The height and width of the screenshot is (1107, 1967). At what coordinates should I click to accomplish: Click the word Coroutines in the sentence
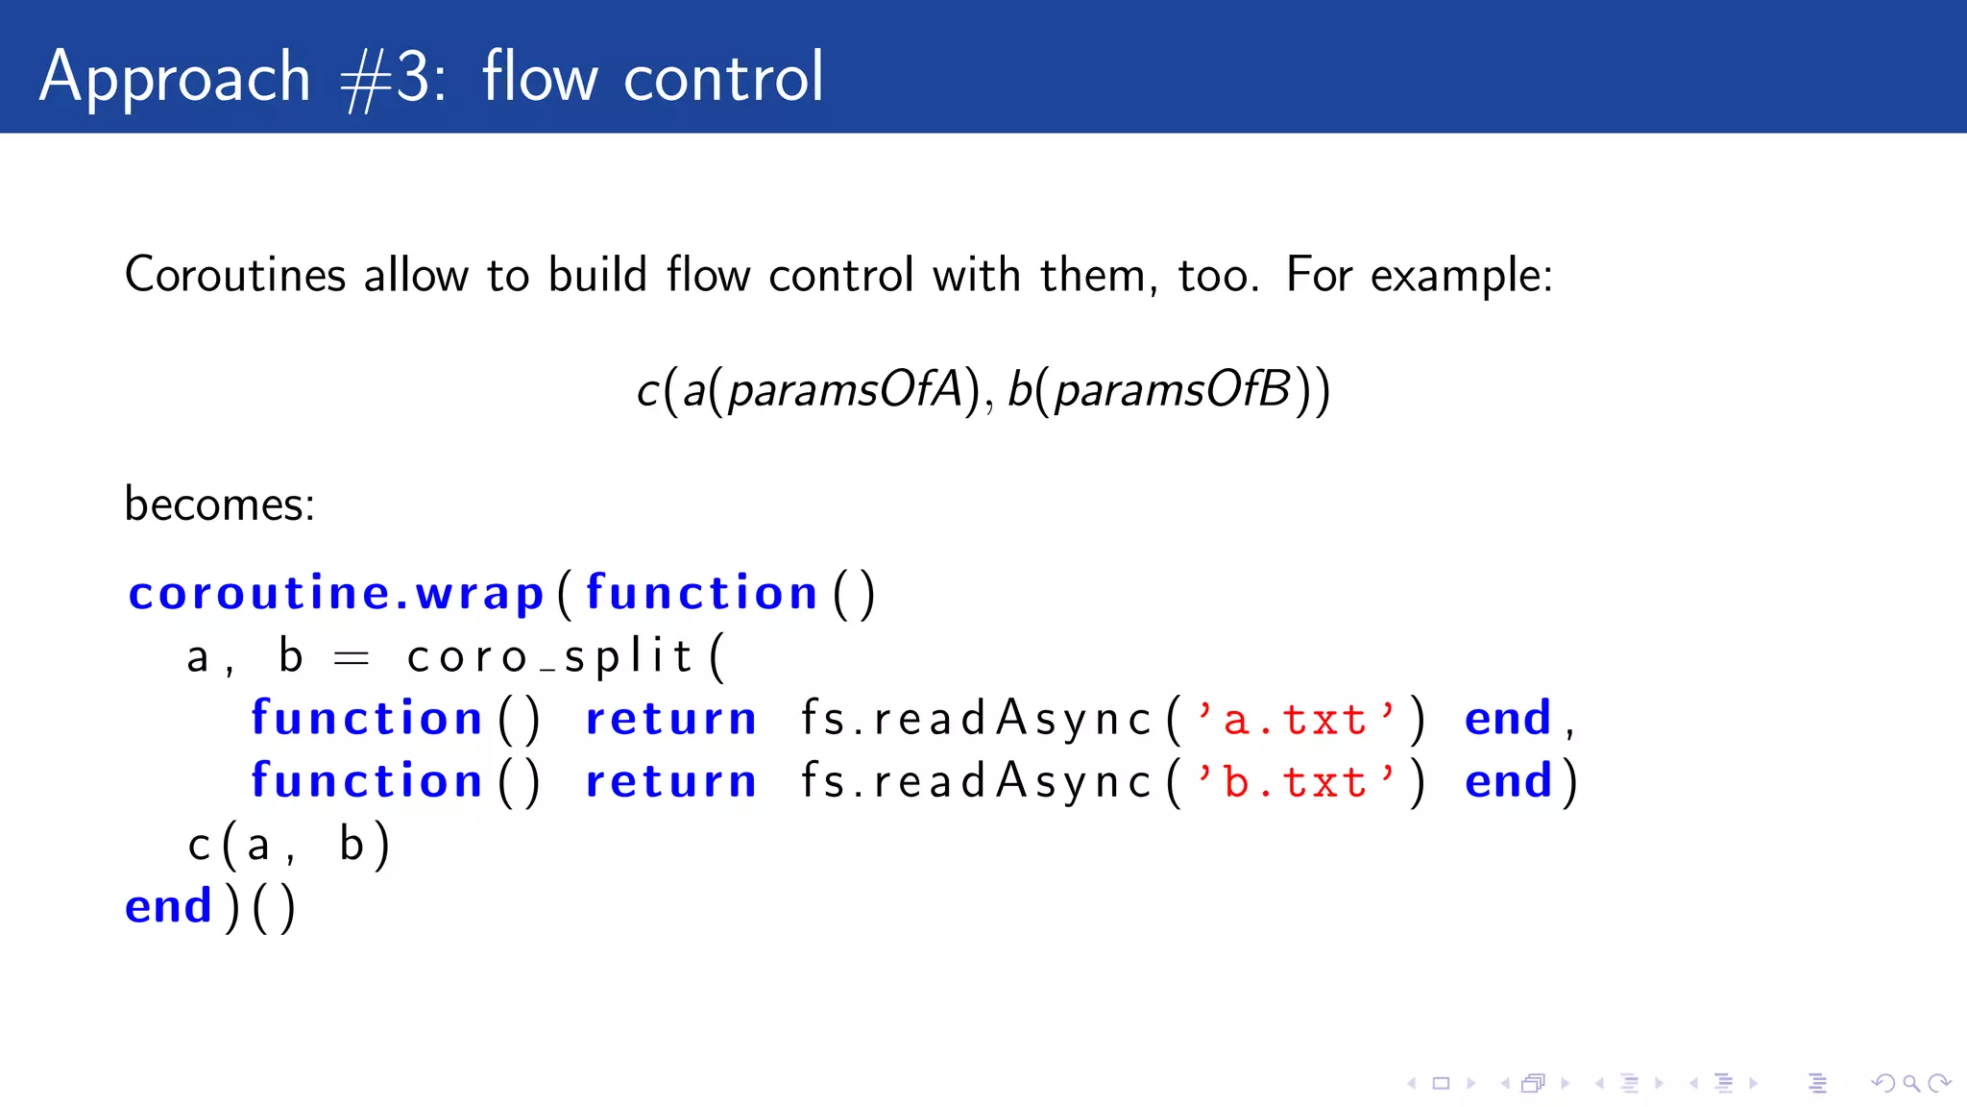pos(234,275)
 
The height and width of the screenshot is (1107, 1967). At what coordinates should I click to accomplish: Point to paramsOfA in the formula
pos(844,390)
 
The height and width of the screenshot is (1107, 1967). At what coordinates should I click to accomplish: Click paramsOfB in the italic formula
pos(1172,390)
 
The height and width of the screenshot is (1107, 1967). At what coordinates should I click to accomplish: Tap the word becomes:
pos(219,504)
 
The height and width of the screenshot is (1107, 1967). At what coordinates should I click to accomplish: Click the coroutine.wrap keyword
pos(336,593)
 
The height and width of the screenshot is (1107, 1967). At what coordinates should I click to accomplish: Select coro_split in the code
pos(549,657)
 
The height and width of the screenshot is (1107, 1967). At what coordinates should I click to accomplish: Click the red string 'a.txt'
pos(1295,720)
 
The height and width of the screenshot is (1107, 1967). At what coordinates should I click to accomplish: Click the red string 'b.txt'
pos(1295,782)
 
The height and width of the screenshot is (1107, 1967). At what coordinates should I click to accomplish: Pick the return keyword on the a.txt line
pos(670,720)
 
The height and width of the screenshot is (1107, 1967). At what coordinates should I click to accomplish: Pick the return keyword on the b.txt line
pos(670,782)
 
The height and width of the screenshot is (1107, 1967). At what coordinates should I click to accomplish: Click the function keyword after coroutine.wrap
pos(701,593)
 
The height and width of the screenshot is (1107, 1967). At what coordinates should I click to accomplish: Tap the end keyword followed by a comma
pos(1508,719)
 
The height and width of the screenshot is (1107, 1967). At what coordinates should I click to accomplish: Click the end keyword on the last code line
pos(168,906)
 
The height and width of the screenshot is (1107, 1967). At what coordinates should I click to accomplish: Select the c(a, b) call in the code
pos(288,845)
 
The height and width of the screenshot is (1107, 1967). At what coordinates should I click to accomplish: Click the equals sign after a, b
pos(351,658)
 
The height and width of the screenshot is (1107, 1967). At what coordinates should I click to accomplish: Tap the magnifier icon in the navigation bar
pos(1911,1084)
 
